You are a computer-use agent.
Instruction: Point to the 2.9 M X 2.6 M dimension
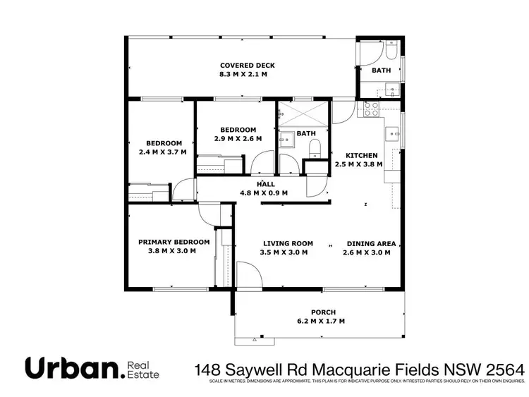[x=238, y=139]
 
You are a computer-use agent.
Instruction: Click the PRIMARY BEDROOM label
[x=174, y=242]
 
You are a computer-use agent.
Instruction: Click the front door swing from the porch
[x=247, y=275]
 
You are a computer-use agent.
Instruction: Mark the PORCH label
[x=324, y=312]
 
